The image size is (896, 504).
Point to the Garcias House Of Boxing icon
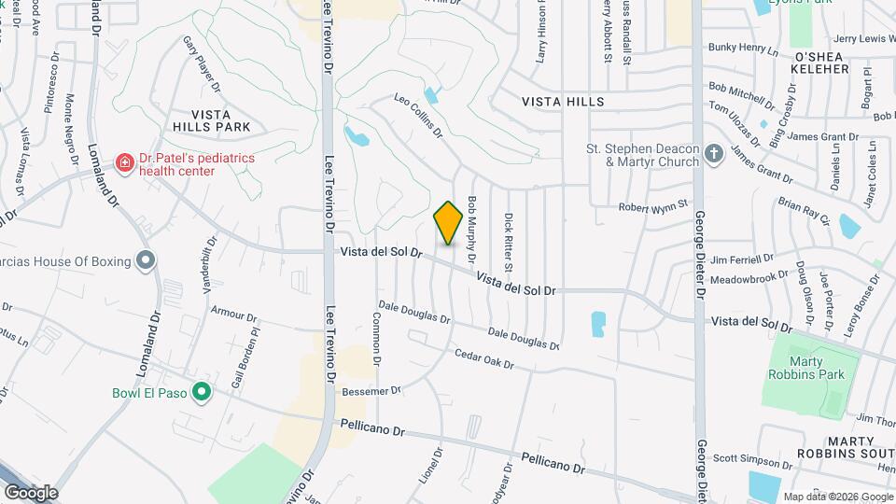pos(145,260)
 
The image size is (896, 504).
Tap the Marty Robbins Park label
pos(818,368)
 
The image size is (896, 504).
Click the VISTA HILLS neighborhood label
pos(563,101)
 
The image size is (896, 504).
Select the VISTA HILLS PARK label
pos(211,118)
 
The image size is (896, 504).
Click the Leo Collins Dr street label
pos(417,116)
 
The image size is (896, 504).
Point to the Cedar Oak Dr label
pos(484,358)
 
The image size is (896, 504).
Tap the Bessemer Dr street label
pos(371,390)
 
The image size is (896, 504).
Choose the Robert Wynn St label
pos(653,204)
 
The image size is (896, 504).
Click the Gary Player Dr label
pos(202,63)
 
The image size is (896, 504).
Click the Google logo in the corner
pos(32,492)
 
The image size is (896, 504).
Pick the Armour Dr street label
pos(227,310)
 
